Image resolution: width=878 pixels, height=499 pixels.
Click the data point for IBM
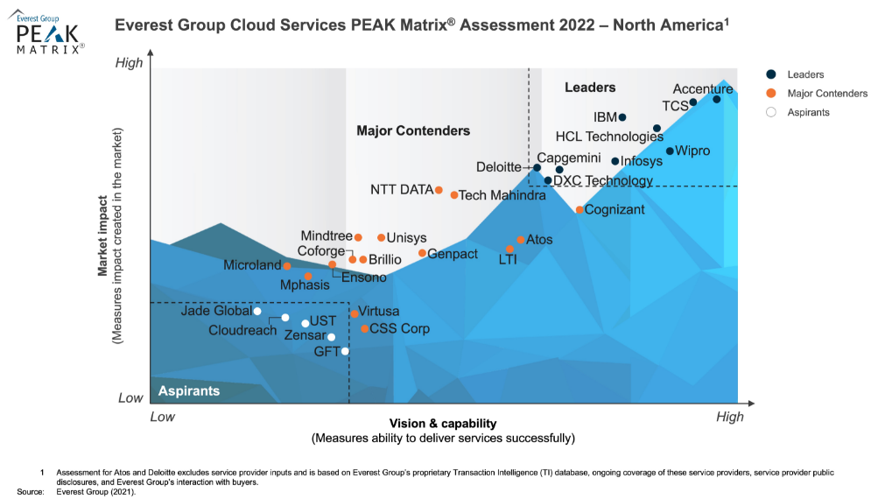[622, 117]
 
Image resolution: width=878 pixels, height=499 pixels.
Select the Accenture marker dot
[716, 99]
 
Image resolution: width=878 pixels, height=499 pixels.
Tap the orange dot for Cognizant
[579, 210]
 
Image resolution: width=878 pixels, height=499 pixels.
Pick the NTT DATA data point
[439, 190]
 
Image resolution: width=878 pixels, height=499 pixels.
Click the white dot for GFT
[345, 352]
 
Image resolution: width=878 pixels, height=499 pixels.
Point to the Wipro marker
[670, 151]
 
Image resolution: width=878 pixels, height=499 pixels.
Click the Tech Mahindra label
[502, 196]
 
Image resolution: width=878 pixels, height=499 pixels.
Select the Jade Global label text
[215, 311]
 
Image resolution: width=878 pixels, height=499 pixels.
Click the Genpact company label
[453, 254]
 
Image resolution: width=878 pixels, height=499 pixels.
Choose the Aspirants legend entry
[808, 112]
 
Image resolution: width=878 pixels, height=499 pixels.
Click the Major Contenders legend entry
[827, 94]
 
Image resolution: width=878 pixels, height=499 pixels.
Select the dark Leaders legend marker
[770, 75]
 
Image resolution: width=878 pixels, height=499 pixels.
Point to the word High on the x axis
[729, 417]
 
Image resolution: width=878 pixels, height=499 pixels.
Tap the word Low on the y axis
[130, 398]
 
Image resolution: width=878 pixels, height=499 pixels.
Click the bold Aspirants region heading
[189, 390]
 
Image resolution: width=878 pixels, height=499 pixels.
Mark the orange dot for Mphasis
[308, 277]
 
